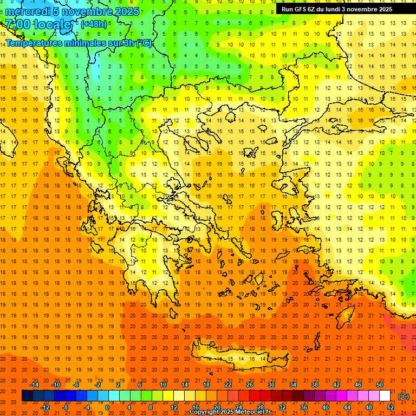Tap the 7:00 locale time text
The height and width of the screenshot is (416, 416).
pos(38,24)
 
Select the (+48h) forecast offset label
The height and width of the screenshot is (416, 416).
pos(94,24)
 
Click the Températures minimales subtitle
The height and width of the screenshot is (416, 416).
pos(79,43)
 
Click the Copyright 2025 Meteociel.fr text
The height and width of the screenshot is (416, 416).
pos(230,412)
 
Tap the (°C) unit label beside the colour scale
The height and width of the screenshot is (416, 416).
pos(404,396)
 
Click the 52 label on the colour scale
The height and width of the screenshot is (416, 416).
pos(391,407)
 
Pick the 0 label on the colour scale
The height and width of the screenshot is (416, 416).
pos(107,407)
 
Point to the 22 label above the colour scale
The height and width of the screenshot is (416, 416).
pos(228,384)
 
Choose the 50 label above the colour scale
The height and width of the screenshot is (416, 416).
pos(380,384)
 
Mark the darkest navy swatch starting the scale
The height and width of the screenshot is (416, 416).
pos(27,396)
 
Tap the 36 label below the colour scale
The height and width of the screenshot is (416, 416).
pos(304,407)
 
